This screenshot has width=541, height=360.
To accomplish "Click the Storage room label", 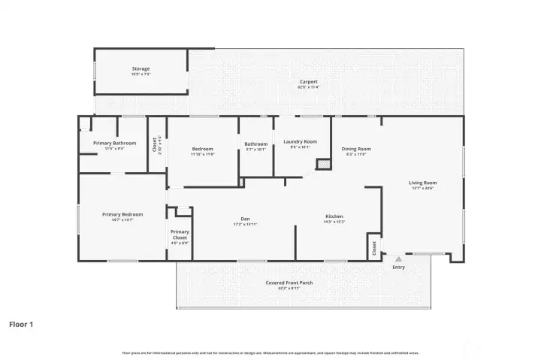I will coord(141,68).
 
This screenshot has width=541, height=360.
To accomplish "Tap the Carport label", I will coord(308,81).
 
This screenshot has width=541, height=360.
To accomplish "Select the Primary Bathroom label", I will coord(114,143).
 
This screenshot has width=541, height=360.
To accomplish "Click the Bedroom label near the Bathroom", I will coord(203,148).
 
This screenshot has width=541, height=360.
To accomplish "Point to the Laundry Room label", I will coord(300,141).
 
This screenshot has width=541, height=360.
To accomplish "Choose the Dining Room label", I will coord(356,149).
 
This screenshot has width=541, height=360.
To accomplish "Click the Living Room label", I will coord(422,183).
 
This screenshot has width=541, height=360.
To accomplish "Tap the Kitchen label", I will coord(334,216).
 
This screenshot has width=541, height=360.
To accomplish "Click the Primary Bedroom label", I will coord(122,214).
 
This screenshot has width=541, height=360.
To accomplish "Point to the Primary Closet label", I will coord(180,234).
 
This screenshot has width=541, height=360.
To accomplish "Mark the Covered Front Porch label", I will coord(289,283).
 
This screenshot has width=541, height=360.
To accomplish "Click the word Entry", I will coord(398,267).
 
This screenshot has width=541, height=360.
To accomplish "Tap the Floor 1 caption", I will coord(21,325).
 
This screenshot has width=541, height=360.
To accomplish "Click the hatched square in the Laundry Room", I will coord(324,163).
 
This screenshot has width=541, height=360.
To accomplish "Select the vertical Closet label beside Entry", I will coord(374,248).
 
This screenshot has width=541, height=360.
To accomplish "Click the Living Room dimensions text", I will coord(422,188).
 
